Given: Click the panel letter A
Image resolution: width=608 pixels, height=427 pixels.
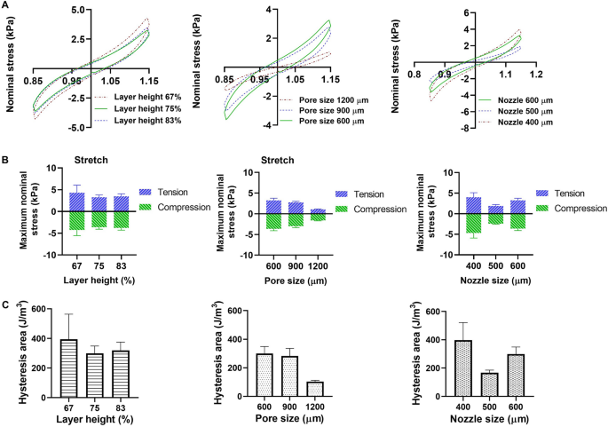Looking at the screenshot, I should (x=5, y=5).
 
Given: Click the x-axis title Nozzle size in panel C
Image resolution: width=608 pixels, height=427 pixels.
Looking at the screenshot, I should (x=491, y=420).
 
